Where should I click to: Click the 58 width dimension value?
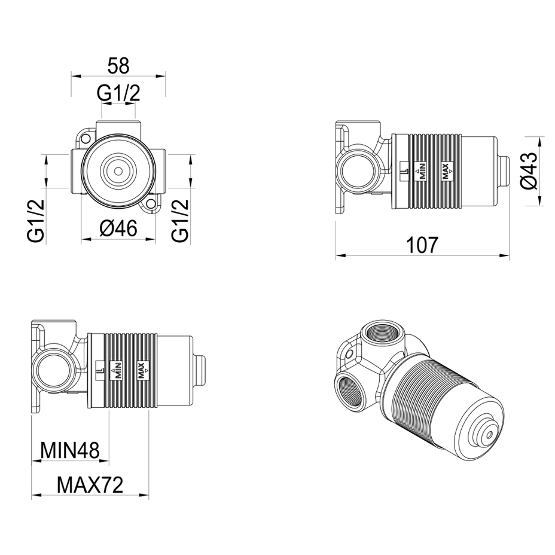(118, 65)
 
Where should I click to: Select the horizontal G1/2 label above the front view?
(118, 93)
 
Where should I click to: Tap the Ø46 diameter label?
(118, 227)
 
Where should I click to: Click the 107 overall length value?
(422, 245)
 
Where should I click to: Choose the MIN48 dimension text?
(70, 449)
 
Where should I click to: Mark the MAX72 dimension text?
(90, 484)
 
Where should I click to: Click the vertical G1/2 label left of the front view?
(36, 221)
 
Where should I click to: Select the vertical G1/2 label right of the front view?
(181, 221)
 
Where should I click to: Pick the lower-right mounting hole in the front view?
(150, 206)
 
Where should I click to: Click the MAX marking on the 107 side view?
(446, 171)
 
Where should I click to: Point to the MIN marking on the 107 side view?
(421, 171)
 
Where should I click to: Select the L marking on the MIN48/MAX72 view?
(99, 369)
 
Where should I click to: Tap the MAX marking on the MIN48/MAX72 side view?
(142, 369)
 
